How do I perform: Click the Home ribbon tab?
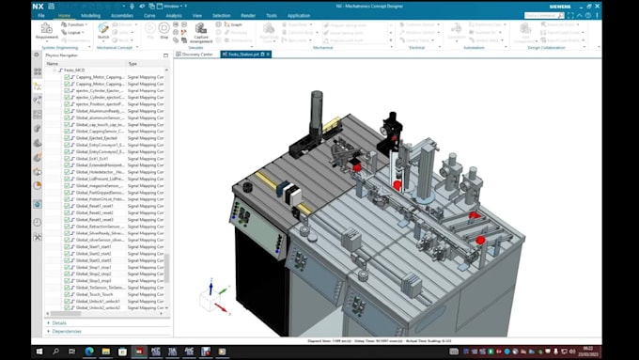pyautogui.click(x=64, y=16)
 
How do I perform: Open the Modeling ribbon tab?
pyautogui.click(x=90, y=16)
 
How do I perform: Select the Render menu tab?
pyautogui.click(x=247, y=16)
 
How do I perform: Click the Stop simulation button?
pyautogui.click(x=164, y=30)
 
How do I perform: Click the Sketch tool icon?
pyautogui.click(x=103, y=29)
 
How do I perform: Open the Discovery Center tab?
pyautogui.click(x=197, y=55)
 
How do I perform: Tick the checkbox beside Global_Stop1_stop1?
pyautogui.click(x=67, y=267)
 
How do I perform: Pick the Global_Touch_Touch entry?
pyautogui.click(x=94, y=293)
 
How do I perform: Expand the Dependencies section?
pyautogui.click(x=67, y=331)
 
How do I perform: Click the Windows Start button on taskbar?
pyautogui.click(x=39, y=352)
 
